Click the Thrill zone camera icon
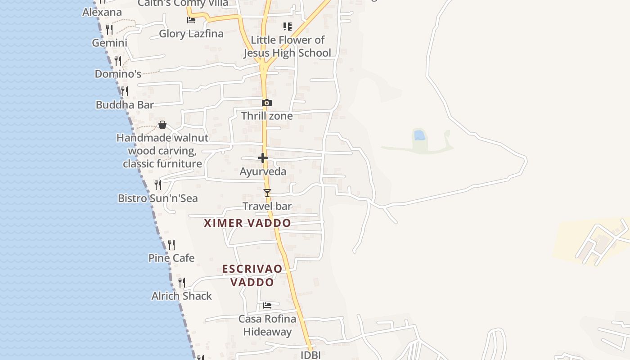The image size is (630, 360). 267,103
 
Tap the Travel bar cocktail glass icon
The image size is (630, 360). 267,193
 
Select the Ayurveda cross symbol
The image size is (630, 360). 263,158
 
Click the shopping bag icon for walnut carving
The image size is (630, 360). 162,125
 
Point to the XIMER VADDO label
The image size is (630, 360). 247,223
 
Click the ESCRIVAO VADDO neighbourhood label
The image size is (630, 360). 252,275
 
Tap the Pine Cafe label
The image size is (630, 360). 171,258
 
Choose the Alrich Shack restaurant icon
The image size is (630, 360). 182,283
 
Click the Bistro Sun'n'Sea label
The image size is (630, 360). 157,198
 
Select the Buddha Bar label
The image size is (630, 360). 125,105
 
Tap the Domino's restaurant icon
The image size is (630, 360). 118,60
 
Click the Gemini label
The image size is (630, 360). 109,43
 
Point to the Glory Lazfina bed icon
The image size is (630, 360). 191,20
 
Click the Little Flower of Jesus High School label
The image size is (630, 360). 287,46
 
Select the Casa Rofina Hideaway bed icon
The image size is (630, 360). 267,306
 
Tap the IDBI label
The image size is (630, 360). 310,355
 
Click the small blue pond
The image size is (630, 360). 419,135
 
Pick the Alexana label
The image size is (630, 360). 102,12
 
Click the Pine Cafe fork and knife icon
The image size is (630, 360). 171,245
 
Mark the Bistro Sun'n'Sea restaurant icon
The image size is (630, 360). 158,185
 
